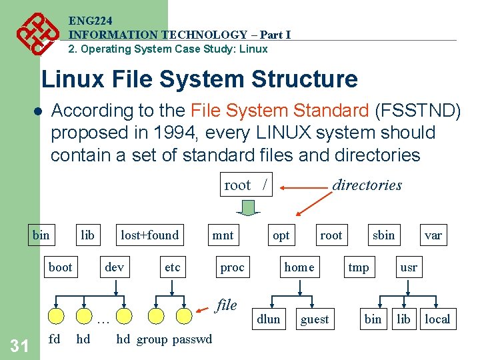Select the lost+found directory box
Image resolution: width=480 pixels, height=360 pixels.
pos(149,235)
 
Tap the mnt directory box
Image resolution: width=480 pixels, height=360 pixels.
pos(223,235)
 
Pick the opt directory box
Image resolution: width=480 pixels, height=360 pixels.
pos(281,235)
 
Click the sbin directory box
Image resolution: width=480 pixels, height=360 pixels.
pos(383,235)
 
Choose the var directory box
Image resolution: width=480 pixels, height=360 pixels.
pos(433,235)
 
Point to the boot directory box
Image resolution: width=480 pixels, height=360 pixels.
pos(60,267)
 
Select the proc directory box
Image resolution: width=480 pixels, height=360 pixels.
pos(232,267)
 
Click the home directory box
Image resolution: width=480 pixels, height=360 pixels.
pos(299,267)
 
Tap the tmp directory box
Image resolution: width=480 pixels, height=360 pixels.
pos(358,267)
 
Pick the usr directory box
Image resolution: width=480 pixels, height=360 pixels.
pos(408,267)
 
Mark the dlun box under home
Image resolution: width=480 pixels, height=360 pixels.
pos(269,319)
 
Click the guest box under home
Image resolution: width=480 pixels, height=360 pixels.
pos(315,319)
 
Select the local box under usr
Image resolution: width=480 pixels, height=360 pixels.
pos(437,319)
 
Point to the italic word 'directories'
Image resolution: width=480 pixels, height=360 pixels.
pos(367,185)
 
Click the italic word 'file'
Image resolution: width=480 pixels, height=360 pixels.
pos(227,305)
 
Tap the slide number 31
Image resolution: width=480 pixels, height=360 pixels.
pos(20,345)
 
